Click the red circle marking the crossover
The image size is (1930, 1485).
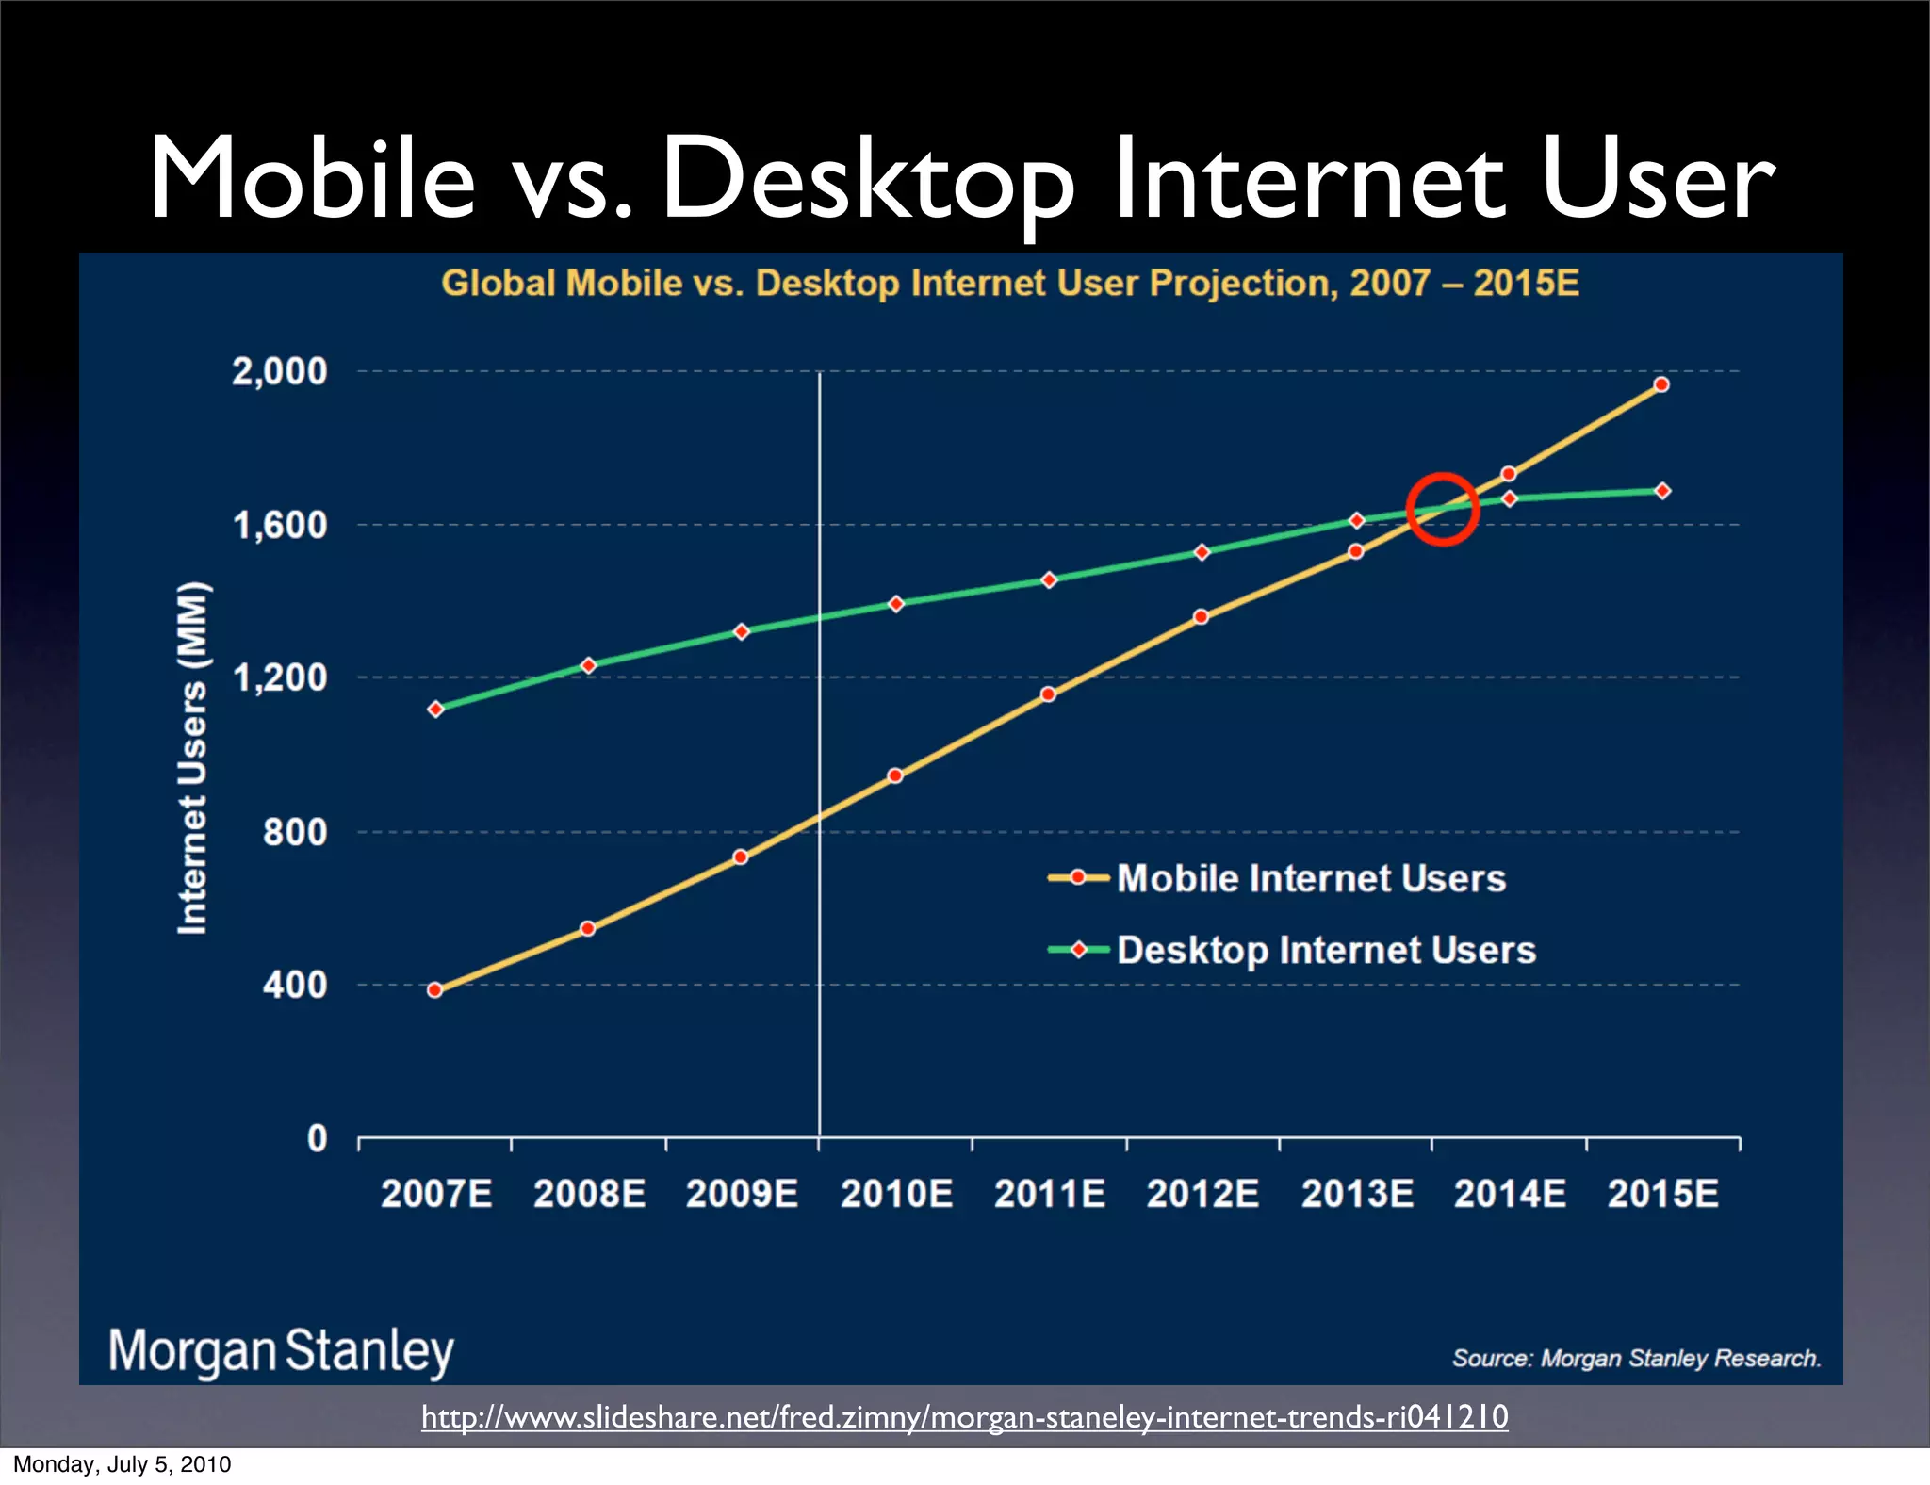pos(1442,509)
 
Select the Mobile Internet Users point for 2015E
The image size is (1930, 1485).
pos(1661,384)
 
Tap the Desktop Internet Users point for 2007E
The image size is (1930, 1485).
pos(435,709)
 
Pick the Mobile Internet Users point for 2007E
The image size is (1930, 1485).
pos(434,989)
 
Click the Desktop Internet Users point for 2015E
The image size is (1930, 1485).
pos(1662,491)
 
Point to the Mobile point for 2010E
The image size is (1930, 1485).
pos(895,775)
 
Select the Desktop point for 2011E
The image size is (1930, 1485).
pos(1049,579)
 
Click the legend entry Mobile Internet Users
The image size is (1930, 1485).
pos(1310,878)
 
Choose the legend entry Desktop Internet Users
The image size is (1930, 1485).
pos(1325,950)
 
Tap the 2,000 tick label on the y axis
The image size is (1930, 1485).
pos(280,371)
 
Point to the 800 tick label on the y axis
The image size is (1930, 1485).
pos(295,832)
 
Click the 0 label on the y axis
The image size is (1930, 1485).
pos(318,1138)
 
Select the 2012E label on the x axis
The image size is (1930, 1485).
pos(1202,1194)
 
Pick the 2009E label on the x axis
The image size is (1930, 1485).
pos(742,1194)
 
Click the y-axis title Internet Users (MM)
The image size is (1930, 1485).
pos(192,759)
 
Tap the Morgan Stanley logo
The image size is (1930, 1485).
pos(281,1350)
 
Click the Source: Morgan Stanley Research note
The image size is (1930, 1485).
pos(1636,1358)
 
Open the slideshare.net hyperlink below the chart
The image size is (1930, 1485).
pos(964,1416)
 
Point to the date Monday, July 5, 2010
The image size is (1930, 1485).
pos(123,1464)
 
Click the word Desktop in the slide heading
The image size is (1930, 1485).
pos(867,179)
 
